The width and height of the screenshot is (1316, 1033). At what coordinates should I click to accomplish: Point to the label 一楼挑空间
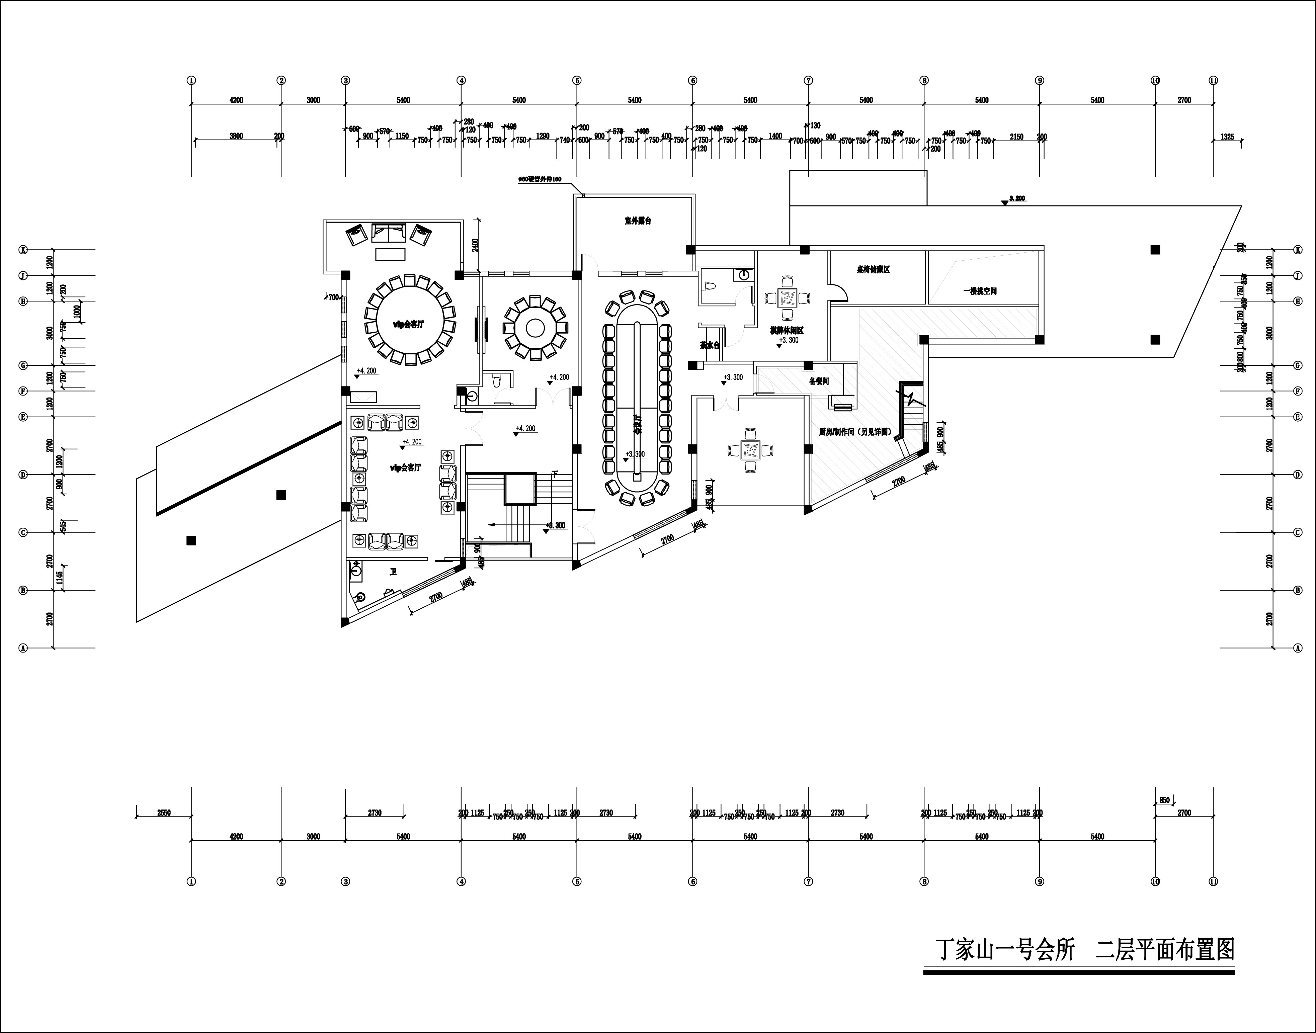tap(980, 291)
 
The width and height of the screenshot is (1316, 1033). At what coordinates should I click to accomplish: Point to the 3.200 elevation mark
tap(1017, 198)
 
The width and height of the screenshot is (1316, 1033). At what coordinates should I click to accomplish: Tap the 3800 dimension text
tap(236, 136)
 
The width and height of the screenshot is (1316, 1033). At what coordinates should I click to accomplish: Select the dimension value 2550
tap(164, 813)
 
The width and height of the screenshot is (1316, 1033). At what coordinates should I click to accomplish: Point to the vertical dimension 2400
tap(475, 245)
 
